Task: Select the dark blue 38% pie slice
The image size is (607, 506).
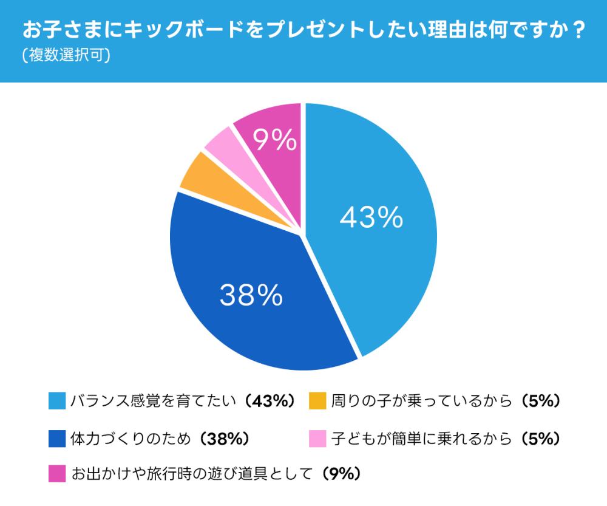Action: coord(243,316)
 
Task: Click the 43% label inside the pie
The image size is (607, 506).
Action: coord(371,217)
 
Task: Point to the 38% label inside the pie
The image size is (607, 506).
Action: coord(251,295)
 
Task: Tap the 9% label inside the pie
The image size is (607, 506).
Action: coord(274,142)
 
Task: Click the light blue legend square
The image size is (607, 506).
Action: coord(56,402)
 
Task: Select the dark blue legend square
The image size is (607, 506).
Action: coord(56,437)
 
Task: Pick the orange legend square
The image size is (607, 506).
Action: coord(317,402)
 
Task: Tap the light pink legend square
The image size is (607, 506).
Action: coord(317,437)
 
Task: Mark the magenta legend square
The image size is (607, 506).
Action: coord(56,473)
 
